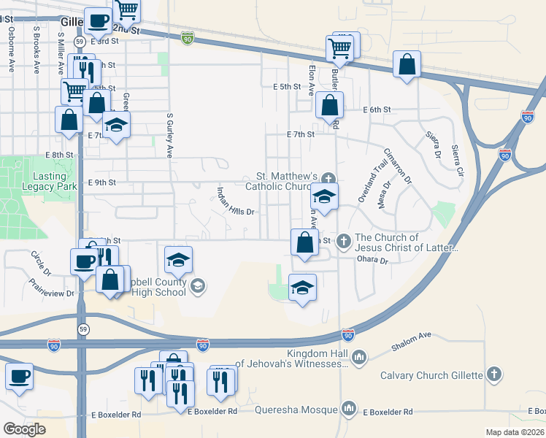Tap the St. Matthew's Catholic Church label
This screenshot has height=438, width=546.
point(287,181)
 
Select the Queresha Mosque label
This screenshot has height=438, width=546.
point(296,409)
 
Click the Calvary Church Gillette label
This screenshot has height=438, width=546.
point(432,375)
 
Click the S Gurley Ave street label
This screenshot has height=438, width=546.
point(169,135)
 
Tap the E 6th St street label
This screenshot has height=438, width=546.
point(377,109)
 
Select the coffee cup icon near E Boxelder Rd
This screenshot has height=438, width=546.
point(19,377)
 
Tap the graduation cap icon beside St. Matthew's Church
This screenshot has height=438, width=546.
point(325,196)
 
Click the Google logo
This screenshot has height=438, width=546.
point(24,429)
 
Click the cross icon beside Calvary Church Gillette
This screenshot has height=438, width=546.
point(494,375)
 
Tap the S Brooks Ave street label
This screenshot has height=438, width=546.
point(36,50)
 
